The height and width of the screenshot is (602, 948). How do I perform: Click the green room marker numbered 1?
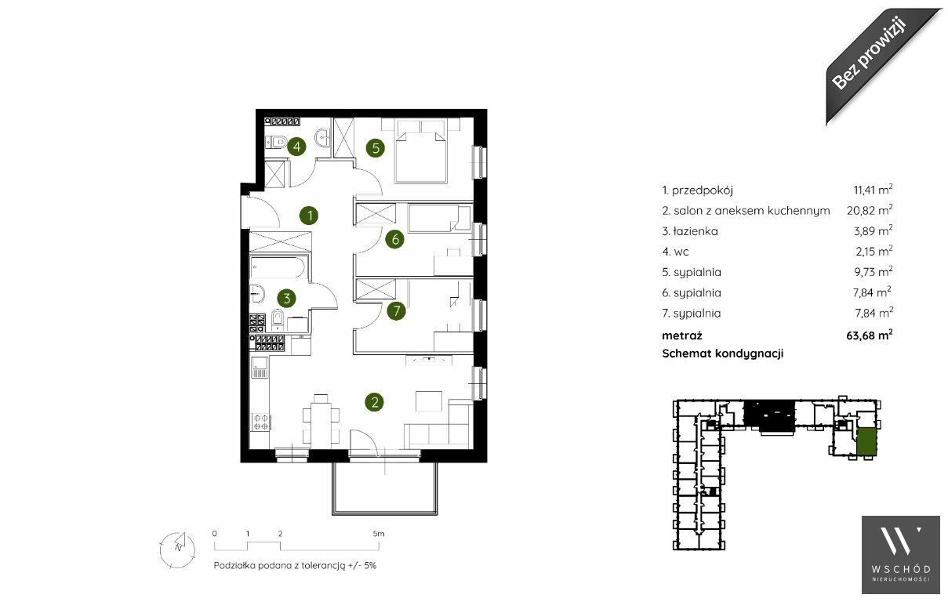[310, 216]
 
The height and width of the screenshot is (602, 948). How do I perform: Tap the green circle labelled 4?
[296, 147]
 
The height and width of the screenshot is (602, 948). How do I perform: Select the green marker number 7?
[397, 311]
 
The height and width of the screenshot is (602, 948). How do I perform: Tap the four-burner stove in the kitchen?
[260, 422]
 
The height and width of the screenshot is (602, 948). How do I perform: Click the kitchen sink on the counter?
[260, 367]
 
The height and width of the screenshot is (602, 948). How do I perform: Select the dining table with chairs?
[321, 418]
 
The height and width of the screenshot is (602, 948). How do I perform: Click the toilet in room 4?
[276, 142]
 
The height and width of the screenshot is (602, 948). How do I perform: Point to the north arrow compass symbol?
[178, 549]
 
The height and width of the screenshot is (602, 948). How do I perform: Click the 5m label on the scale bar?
[379, 534]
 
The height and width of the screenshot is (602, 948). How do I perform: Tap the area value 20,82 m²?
[870, 210]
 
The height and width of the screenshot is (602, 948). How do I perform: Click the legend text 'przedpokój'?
[702, 190]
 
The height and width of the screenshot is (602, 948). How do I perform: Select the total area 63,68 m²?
[870, 335]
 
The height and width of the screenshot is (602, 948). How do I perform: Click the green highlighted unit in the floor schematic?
[866, 441]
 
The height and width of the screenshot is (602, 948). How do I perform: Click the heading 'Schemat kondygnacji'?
[723, 354]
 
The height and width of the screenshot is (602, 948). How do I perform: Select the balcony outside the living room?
[384, 488]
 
